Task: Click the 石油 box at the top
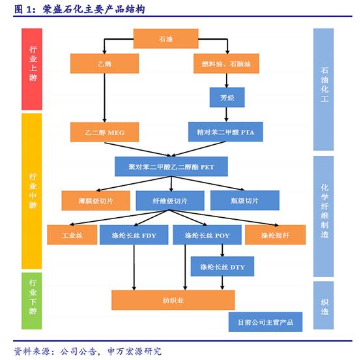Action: click(x=166, y=38)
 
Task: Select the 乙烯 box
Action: click(x=104, y=63)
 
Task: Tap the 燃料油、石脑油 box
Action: click(x=226, y=63)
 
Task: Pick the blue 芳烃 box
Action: click(x=227, y=97)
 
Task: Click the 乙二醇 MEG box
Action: click(x=104, y=132)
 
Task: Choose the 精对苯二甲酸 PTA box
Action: click(x=225, y=132)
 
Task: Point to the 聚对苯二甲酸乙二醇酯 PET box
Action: click(x=171, y=166)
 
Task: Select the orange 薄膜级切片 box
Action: click(x=96, y=200)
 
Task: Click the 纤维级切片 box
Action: click(x=170, y=200)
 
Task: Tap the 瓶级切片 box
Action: click(x=245, y=200)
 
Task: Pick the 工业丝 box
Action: click(x=72, y=235)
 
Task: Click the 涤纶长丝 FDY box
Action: click(x=134, y=235)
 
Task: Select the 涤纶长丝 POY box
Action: click(x=207, y=235)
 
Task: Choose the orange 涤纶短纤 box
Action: click(x=276, y=235)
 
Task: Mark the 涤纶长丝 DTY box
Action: click(x=222, y=267)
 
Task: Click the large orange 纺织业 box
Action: click(x=173, y=300)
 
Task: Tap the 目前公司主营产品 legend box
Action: click(x=265, y=322)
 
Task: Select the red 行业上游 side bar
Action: click(x=32, y=69)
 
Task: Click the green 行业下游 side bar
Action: click(x=32, y=301)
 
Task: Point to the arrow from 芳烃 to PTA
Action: click(x=226, y=114)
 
